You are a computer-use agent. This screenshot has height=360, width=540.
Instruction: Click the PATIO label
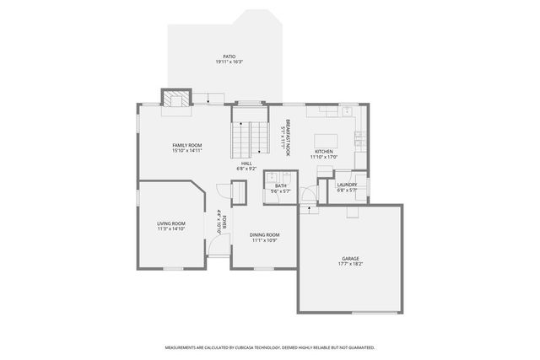tap(229, 56)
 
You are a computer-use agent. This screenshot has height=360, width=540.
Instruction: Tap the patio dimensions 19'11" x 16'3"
tap(229, 62)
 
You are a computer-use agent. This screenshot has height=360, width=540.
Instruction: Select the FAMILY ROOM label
tap(187, 146)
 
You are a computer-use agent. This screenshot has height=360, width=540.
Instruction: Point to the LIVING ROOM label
tap(170, 223)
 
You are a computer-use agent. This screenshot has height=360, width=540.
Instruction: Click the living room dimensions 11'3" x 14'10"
tap(170, 228)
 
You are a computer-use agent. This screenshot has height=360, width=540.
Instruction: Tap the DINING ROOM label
tap(264, 234)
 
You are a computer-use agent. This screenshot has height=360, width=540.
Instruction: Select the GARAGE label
tap(350, 259)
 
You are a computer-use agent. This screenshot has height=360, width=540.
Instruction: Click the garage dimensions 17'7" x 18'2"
tap(350, 265)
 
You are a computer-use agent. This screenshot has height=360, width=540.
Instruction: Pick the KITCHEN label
tap(324, 151)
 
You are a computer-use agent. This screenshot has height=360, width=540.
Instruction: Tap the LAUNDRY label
tap(347, 185)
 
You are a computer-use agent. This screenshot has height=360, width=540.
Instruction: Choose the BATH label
tap(280, 185)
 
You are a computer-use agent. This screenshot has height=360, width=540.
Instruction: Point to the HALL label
tap(246, 164)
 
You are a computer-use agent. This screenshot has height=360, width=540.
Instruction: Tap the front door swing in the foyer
tap(218, 248)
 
